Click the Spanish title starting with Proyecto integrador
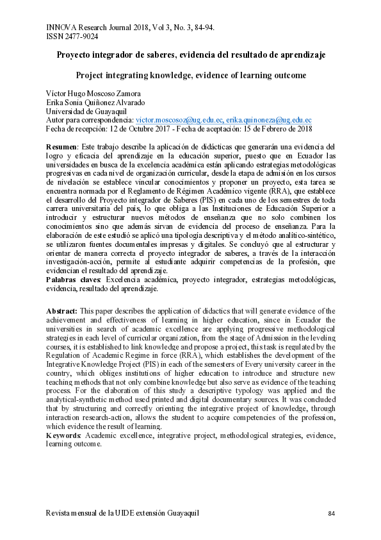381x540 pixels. pyautogui.click(x=190, y=55)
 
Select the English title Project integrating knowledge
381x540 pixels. pyautogui.click(x=190, y=76)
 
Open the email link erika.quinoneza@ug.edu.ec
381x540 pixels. pyautogui.click(x=269, y=119)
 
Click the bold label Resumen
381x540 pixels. pyautogui.click(x=61, y=147)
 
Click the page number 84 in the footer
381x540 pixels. pyautogui.click(x=331, y=514)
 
